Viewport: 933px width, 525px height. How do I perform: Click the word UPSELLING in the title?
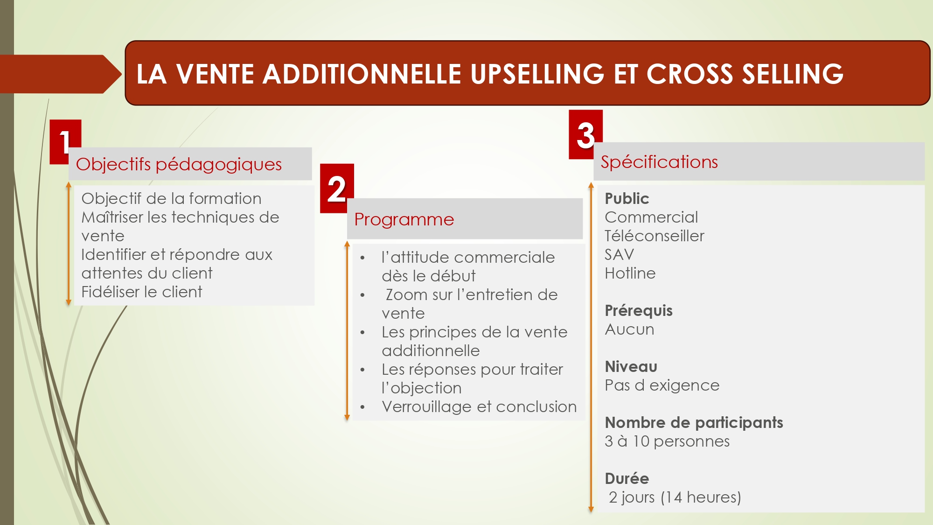[x=537, y=74]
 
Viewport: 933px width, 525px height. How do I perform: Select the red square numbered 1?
[x=65, y=142]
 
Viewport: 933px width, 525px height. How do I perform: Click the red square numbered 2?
[x=337, y=189]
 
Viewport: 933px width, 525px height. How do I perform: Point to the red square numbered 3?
[x=585, y=134]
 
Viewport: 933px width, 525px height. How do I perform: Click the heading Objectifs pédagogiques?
[x=179, y=164]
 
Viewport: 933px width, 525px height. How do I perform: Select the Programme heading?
[x=404, y=219]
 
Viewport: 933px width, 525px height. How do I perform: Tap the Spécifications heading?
[x=659, y=162]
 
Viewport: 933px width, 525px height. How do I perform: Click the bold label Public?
[x=627, y=199]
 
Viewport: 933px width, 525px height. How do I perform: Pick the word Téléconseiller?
[x=654, y=236]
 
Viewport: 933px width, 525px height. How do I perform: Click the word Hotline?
[x=630, y=273]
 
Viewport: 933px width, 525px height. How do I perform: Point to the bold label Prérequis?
[x=639, y=311]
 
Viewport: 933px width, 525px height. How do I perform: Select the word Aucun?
[x=630, y=329]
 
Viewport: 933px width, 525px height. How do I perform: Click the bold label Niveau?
[x=631, y=367]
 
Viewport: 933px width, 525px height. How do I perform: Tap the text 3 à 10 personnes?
[x=667, y=441]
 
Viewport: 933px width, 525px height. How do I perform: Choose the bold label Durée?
[x=627, y=479]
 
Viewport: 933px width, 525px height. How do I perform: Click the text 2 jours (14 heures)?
[x=675, y=497]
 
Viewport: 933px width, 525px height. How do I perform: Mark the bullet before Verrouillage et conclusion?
[x=362, y=407]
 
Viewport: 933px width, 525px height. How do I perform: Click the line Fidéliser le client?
[x=142, y=292]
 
